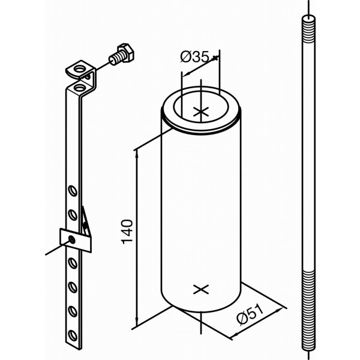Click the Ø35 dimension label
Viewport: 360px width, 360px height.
(x=194, y=57)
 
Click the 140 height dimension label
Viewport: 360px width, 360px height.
(x=127, y=232)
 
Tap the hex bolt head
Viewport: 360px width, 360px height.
(x=126, y=52)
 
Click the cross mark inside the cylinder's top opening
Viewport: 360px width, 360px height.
(x=201, y=112)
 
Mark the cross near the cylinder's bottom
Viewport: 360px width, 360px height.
(x=201, y=289)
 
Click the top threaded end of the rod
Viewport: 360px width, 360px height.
(x=308, y=29)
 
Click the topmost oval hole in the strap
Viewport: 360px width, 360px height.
(x=73, y=191)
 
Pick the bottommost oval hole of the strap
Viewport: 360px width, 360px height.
(x=73, y=335)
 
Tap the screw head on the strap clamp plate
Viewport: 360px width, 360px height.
(x=72, y=239)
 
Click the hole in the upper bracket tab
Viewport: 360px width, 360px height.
(x=79, y=68)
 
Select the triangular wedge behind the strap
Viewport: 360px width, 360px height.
(x=86, y=223)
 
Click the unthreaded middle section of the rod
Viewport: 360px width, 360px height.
(x=308, y=157)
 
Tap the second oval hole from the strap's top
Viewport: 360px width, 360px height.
(x=73, y=215)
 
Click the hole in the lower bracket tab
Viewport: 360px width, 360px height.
(x=79, y=87)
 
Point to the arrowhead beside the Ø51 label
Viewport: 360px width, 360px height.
(x=278, y=311)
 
